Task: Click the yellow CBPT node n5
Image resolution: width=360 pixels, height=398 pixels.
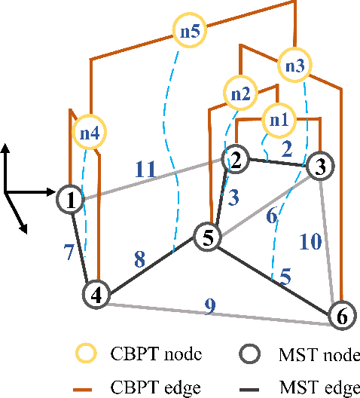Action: click(x=191, y=32)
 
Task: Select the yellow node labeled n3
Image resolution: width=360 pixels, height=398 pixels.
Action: click(x=296, y=66)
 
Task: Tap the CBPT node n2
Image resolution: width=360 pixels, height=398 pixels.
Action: click(x=241, y=94)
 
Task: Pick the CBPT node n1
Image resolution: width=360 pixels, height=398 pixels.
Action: click(x=279, y=119)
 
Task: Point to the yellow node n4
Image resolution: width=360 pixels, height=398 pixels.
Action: click(x=90, y=133)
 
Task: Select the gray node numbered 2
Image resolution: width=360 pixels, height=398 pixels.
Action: click(x=236, y=159)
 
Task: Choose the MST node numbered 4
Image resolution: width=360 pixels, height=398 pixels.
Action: click(x=96, y=293)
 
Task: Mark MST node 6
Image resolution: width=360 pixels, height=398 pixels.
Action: click(x=341, y=316)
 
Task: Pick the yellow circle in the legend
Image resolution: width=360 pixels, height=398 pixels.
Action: click(x=90, y=354)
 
